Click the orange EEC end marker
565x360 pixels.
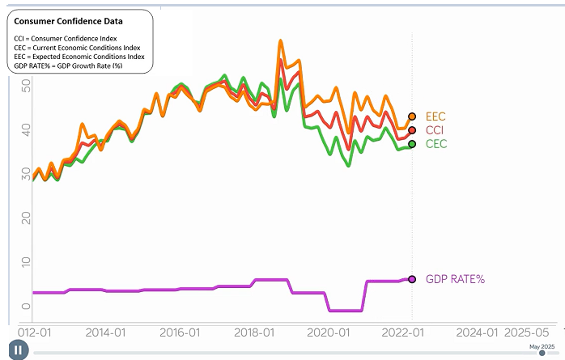coord(412,116)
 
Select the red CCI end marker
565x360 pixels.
coord(412,130)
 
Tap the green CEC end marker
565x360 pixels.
coord(412,144)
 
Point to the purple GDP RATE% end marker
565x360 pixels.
coord(412,279)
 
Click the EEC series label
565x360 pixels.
coord(435,116)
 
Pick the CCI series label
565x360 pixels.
coord(435,130)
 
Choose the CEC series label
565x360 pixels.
coord(436,144)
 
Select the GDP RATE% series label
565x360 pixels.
coord(456,279)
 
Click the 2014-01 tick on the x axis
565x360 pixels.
coord(105,332)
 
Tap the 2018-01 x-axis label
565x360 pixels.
coord(254,332)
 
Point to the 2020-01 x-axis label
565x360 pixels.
coord(329,332)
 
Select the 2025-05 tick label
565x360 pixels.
coord(526,332)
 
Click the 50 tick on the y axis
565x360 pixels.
coord(26,86)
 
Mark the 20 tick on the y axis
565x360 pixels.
coord(26,218)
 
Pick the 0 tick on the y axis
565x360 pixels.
coord(26,307)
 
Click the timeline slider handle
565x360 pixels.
coord(542,353)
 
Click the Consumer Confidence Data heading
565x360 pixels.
coord(69,21)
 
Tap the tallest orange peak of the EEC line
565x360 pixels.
coord(281,40)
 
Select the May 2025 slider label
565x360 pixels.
coord(542,347)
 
